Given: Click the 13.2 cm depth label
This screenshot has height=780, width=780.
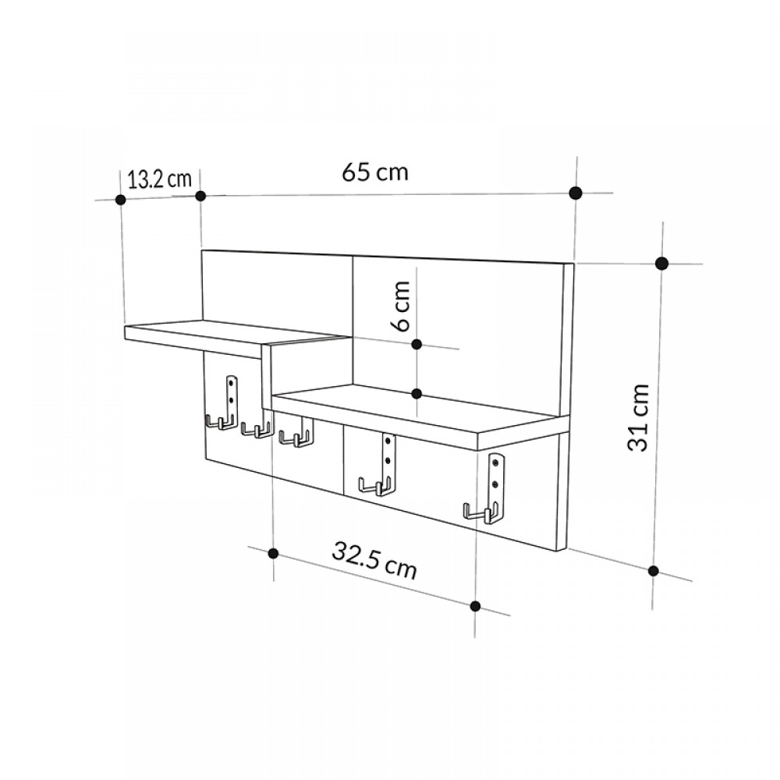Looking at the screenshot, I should click(x=159, y=179).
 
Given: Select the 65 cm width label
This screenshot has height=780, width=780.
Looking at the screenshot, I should click(x=374, y=172).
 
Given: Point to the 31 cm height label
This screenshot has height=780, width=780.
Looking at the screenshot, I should click(x=640, y=417).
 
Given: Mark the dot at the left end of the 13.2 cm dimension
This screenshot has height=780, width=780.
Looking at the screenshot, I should click(x=120, y=200).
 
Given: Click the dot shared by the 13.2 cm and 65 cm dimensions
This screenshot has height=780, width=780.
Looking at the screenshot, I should click(x=200, y=196).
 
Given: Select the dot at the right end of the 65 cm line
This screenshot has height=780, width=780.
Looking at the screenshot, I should click(x=576, y=193).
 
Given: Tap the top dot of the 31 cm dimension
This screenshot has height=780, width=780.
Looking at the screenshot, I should click(x=661, y=263).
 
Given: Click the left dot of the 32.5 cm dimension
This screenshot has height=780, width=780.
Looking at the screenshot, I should click(x=273, y=553).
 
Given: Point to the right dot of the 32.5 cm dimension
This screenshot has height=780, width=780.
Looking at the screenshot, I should click(x=475, y=605).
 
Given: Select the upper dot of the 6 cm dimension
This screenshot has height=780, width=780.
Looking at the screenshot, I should click(x=417, y=344).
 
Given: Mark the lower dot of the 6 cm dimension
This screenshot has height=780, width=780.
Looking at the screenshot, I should click(x=417, y=394).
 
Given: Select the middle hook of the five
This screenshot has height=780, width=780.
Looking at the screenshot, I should click(x=296, y=438).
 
